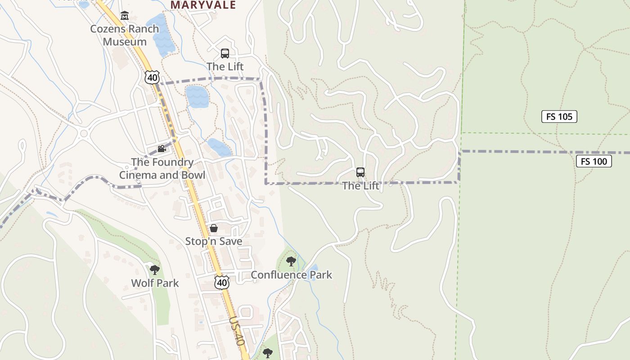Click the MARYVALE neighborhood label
click(203, 5)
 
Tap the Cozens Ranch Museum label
click(125, 35)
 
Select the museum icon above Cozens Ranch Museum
click(125, 16)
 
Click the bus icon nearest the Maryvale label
click(225, 54)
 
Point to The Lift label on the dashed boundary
click(360, 185)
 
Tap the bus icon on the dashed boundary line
click(360, 172)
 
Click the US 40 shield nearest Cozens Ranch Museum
click(152, 77)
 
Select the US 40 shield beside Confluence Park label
click(221, 282)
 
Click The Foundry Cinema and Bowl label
click(162, 168)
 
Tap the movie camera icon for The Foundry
click(162, 149)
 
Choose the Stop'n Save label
click(214, 241)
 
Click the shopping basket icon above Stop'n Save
click(214, 228)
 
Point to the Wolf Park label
click(155, 283)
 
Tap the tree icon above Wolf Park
click(155, 270)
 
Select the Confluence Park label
click(291, 274)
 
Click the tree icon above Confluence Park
click(291, 261)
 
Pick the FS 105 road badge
click(559, 117)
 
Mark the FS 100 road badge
click(594, 161)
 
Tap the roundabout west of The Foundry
click(83, 133)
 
